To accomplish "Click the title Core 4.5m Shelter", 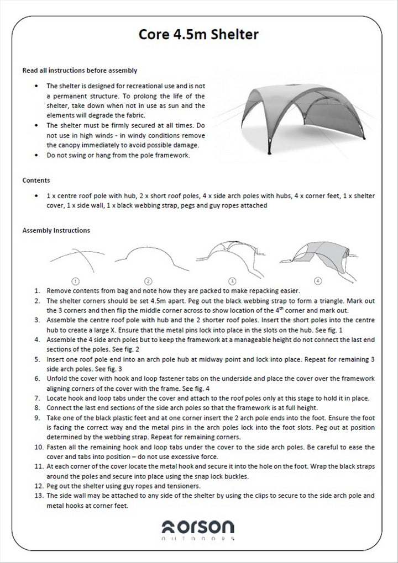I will (x=198, y=35).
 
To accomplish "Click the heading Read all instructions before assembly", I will (x=80, y=71).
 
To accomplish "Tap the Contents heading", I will (x=36, y=180).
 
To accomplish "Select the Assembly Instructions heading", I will (x=56, y=230).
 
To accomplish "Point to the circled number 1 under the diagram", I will (x=76, y=281).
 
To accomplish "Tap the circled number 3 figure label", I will (x=233, y=281).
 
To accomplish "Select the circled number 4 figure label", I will (x=318, y=281).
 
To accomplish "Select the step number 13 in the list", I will (x=38, y=496).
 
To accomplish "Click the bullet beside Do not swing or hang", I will (x=36, y=155).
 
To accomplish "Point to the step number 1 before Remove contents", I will (x=36, y=290).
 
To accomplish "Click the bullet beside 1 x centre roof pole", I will (x=36, y=196).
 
